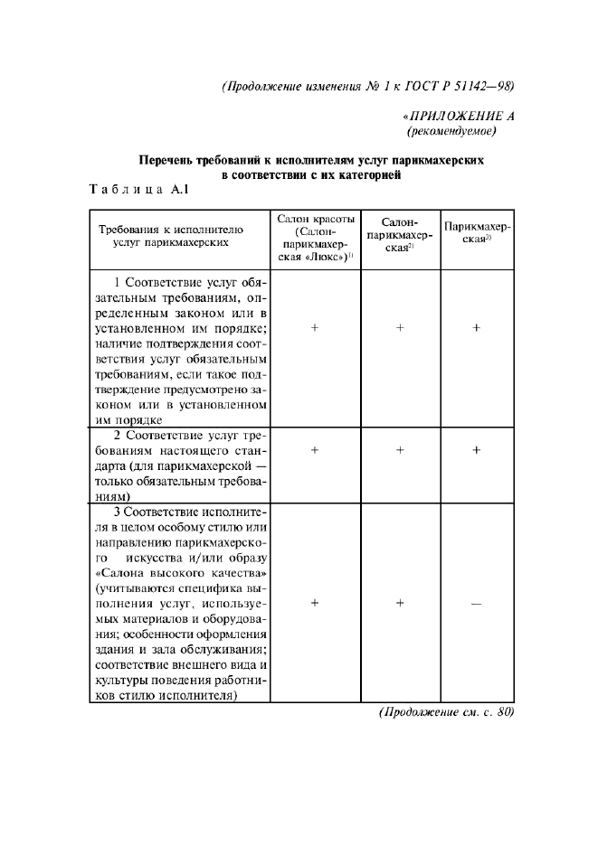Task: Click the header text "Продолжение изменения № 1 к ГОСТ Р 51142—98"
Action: click(x=367, y=87)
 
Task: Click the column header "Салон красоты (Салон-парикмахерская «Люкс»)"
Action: click(x=315, y=239)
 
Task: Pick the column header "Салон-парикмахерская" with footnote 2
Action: click(x=399, y=235)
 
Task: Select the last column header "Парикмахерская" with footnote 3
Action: click(x=478, y=235)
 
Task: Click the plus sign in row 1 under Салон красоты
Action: click(x=315, y=328)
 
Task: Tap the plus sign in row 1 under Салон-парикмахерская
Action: click(x=399, y=328)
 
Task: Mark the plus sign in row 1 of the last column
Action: click(x=478, y=328)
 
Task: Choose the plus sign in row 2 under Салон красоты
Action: click(x=315, y=449)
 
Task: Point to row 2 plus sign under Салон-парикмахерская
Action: click(x=399, y=449)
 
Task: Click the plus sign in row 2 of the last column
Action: click(x=478, y=449)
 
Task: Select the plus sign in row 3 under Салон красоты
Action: click(x=315, y=603)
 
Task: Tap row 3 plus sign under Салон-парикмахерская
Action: click(x=399, y=603)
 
